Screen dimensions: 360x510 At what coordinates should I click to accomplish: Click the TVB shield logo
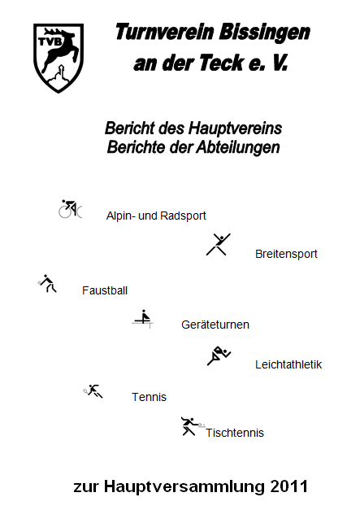coord(59,58)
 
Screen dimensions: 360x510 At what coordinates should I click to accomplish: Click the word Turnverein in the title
coord(164,33)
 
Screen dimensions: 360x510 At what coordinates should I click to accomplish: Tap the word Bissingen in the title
coord(264,33)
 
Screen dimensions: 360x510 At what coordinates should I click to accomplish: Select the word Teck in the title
coord(222,63)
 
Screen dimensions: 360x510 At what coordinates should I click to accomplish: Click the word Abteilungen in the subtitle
coord(238,148)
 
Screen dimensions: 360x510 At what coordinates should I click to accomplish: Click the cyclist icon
coord(70,208)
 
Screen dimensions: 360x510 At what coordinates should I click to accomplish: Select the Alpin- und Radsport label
coord(156,216)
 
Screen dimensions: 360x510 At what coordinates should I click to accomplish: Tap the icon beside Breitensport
coord(219,244)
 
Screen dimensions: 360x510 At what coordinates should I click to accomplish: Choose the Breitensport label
coord(286,254)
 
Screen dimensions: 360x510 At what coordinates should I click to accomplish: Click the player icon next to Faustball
coord(47,283)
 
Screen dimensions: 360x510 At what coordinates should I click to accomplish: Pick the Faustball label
coord(105,290)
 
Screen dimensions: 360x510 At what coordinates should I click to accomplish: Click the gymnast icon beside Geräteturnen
coord(143,319)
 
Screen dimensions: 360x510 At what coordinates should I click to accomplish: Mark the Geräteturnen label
coord(215,325)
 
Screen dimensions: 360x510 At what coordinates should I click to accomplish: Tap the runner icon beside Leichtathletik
coord(219,355)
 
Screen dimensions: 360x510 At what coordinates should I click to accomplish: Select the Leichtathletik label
coord(288,364)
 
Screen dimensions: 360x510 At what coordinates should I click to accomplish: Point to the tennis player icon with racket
coord(93,391)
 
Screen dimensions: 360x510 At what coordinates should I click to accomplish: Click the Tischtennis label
coord(235,433)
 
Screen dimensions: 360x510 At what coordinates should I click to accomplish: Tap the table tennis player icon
coord(193,426)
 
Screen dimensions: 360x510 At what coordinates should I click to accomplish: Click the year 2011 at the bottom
coord(288,487)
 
